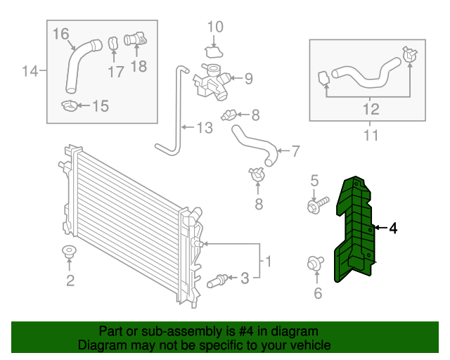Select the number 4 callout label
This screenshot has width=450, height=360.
[x=393, y=228]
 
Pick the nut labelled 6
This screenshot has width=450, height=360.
[x=314, y=264]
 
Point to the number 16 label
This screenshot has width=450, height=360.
[x=61, y=34]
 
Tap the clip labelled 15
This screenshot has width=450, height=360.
[x=70, y=106]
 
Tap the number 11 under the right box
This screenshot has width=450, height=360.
[x=371, y=134]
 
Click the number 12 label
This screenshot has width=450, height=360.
[x=371, y=109]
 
